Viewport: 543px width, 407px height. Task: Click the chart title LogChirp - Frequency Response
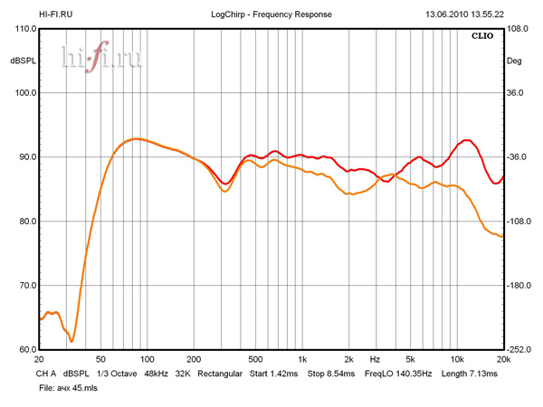point(271,14)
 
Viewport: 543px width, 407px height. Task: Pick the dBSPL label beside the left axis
point(22,61)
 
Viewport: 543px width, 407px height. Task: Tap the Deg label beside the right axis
point(514,61)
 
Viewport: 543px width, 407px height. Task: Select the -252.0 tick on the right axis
point(518,350)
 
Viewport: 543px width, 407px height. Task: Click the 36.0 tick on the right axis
point(514,93)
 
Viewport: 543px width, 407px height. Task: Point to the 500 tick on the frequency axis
point(255,360)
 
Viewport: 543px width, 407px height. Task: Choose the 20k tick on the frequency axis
point(503,360)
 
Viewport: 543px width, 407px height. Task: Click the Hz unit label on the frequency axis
point(374,360)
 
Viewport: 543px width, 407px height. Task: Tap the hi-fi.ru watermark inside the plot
point(101,58)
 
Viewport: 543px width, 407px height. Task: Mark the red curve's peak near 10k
point(466,140)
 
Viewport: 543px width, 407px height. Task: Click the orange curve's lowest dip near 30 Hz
point(72,341)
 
